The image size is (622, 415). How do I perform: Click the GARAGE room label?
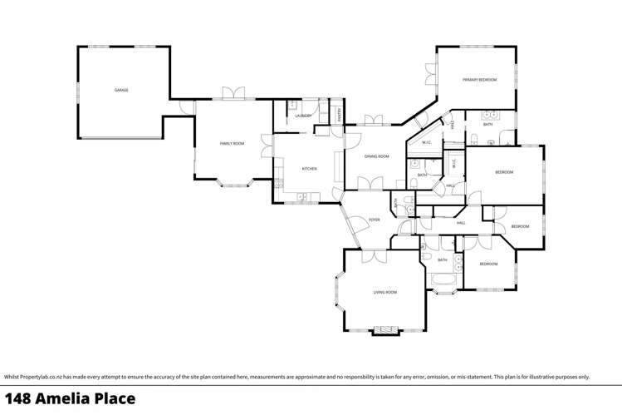pos(121,90)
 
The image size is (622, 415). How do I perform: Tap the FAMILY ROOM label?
pos(232,144)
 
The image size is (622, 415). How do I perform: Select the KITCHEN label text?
pos(309,169)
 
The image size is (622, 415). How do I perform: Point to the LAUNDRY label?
pos(303,116)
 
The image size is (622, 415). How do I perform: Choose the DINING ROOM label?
pos(377,156)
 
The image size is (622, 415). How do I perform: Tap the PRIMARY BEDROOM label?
pos(479,80)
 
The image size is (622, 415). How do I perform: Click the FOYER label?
pos(375,220)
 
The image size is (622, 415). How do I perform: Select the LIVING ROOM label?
pos(384,292)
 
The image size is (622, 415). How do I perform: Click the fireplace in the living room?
pos(385,330)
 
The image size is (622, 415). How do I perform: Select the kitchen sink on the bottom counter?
pos(302,197)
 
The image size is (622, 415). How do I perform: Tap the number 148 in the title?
pos(20,399)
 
